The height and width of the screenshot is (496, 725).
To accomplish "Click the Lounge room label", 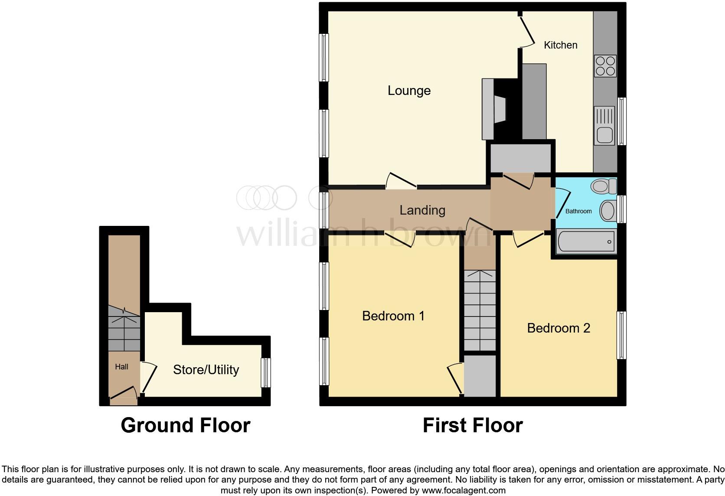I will (409, 91).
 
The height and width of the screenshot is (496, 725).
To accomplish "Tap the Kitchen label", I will (560, 45).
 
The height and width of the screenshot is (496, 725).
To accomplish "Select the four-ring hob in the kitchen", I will (605, 66).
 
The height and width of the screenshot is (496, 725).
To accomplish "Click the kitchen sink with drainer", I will (605, 126).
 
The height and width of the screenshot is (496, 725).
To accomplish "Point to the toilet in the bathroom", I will (603, 187).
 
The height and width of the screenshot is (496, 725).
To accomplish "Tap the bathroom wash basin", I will (608, 211).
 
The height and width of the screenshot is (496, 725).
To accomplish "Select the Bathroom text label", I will (578, 211).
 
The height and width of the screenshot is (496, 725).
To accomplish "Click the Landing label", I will (422, 210).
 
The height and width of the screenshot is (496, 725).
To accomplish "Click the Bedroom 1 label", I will (393, 316).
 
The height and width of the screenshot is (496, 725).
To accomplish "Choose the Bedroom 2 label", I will (558, 328).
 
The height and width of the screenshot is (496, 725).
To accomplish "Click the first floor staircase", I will (480, 310).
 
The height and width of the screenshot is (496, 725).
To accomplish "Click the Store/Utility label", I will (206, 370).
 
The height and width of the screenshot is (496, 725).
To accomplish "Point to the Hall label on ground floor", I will (121, 367).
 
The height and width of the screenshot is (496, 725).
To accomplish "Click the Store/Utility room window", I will (266, 372).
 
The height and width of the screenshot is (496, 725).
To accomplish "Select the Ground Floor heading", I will (186, 425).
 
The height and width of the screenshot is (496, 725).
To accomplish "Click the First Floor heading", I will (473, 425).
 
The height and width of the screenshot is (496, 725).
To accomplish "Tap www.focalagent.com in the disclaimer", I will (464, 491).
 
